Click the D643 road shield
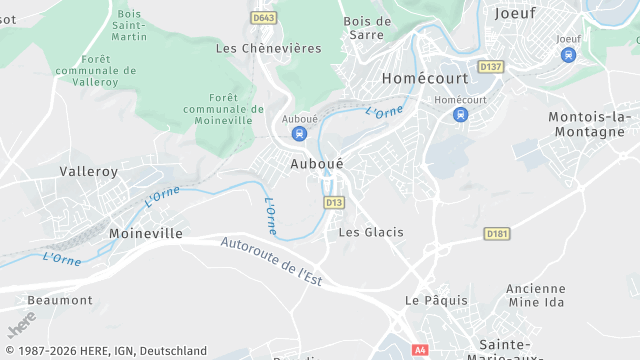pyautogui.click(x=264, y=18)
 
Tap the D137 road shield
pyautogui.click(x=489, y=67)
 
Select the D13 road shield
pyautogui.click(x=334, y=202)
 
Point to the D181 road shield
pyautogui.click(x=496, y=233)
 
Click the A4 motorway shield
pyautogui.click(x=420, y=350)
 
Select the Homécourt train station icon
pyautogui.click(x=460, y=115)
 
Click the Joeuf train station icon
pyautogui.click(x=568, y=55)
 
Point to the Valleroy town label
pyautogui.click(x=89, y=171)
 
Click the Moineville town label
pyautogui.click(x=145, y=233)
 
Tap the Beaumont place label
pyautogui.click(x=60, y=300)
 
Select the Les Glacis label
pyautogui.click(x=371, y=232)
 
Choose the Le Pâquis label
pyautogui.click(x=430, y=300)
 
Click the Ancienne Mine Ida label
pyautogui.click(x=536, y=295)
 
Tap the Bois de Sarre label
pyautogui.click(x=367, y=27)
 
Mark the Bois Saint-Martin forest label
pyautogui.click(x=129, y=24)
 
